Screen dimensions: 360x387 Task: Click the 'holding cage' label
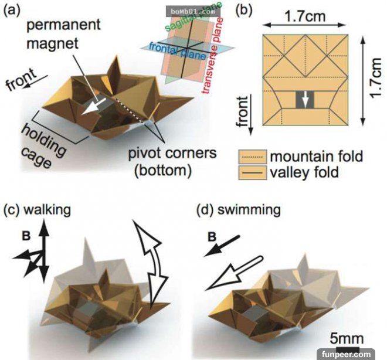[x=36, y=144]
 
